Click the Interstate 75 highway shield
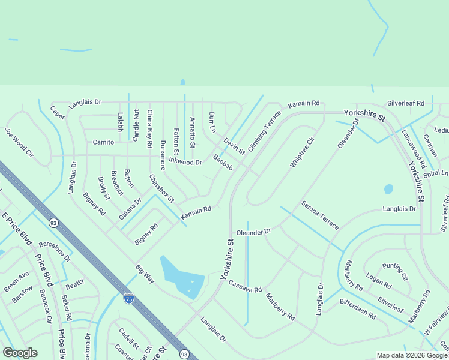pos(128,298)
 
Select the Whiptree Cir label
pos(302,152)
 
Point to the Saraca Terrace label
pos(320,215)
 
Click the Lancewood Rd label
pos(414,148)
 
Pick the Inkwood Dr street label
pos(185,161)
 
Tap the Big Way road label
pos(145,273)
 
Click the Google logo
pos(20,353)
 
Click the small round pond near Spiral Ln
pos(388,189)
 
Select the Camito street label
pos(103,142)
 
